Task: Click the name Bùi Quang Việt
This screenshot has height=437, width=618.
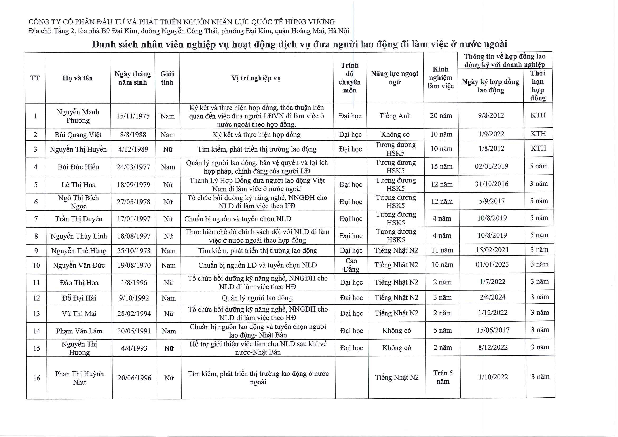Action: click(x=78, y=135)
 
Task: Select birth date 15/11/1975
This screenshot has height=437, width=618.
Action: click(x=133, y=116)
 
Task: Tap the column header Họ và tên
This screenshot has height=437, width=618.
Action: click(x=78, y=78)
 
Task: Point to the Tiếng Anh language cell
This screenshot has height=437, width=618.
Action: click(x=395, y=116)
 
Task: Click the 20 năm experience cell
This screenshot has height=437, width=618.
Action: click(x=441, y=115)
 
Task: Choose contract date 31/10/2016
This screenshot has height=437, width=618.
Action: click(x=491, y=184)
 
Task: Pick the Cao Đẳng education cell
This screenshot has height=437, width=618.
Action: click(x=351, y=265)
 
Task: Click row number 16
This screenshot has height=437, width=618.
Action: click(x=37, y=378)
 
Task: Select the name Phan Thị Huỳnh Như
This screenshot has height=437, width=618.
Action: click(x=79, y=378)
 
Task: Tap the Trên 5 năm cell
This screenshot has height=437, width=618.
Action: click(x=443, y=377)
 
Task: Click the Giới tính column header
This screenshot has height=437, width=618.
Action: click(x=167, y=78)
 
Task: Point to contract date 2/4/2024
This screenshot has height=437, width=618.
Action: click(x=492, y=297)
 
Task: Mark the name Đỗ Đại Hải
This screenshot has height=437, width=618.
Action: click(x=79, y=298)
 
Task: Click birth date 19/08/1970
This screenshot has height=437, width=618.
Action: click(x=134, y=266)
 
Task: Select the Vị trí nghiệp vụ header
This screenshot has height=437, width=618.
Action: click(x=256, y=78)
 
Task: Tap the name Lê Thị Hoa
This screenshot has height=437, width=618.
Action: click(x=78, y=185)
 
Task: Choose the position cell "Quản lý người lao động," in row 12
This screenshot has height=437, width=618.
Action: click(x=257, y=298)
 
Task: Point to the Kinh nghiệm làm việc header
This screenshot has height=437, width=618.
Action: click(x=440, y=78)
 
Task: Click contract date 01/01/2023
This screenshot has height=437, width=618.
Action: click(x=492, y=264)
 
